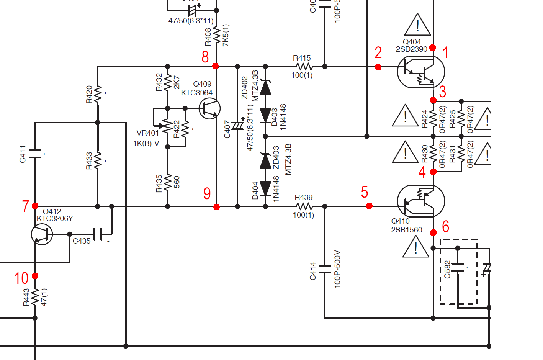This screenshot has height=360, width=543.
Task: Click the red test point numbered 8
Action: tap(216, 66)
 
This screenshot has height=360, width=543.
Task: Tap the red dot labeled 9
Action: tap(216, 207)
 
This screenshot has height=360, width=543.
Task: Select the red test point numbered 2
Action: tap(378, 67)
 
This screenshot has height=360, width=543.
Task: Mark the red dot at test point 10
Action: tap(35, 276)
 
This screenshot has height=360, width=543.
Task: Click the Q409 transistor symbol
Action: tap(209, 108)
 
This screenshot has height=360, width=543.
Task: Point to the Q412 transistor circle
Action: tap(42, 234)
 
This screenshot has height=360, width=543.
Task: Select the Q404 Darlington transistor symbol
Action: tap(421, 72)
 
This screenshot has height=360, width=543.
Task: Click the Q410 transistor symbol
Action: tap(421, 201)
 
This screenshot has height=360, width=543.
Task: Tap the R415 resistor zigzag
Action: tap(304, 67)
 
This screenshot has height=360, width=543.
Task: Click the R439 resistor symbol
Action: tap(304, 206)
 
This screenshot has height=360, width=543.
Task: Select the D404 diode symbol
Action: tap(265, 188)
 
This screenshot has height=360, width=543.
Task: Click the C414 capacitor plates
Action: tap(325, 269)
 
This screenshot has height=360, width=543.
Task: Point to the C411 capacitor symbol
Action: tap(35, 154)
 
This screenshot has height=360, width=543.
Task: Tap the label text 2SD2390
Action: tap(411, 49)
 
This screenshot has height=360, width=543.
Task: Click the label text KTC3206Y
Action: tap(55, 218)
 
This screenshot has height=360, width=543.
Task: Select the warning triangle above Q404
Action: tap(417, 25)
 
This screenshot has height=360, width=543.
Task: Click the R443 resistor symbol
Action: tap(35, 297)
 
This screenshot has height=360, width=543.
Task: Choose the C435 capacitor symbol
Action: tap(98, 234)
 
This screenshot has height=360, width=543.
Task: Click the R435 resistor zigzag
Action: tap(167, 183)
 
